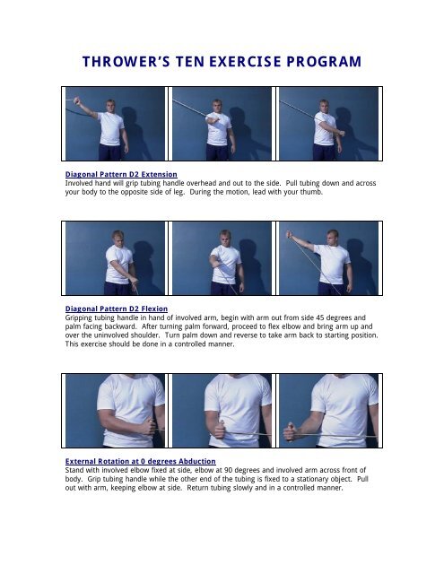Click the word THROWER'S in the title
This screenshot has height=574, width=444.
click(x=126, y=62)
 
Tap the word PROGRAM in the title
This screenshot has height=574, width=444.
click(x=324, y=62)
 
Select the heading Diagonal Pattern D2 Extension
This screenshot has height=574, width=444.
click(x=121, y=174)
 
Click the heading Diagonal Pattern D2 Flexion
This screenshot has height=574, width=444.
click(x=117, y=309)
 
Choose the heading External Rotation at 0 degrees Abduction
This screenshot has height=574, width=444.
click(x=141, y=461)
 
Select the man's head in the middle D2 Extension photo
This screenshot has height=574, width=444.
click(x=217, y=106)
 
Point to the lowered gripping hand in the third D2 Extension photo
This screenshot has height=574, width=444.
click(x=342, y=133)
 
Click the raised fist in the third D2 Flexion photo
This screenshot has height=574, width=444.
click(x=290, y=234)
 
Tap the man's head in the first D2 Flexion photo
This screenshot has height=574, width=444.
click(x=118, y=238)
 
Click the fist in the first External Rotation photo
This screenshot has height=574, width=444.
click(x=149, y=427)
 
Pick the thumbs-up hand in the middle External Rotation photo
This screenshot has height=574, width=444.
click(x=220, y=430)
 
